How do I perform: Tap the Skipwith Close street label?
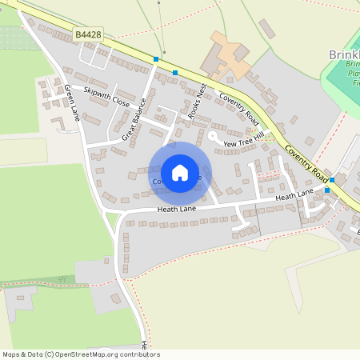click(x=106, y=97)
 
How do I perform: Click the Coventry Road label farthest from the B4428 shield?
click(x=308, y=163)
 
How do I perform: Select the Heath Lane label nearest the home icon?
click(x=177, y=209)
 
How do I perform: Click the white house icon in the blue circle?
click(x=180, y=172)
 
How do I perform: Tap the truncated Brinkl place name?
click(x=344, y=55)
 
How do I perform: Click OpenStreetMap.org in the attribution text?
click(x=88, y=354)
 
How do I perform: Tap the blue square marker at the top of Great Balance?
click(x=156, y=59)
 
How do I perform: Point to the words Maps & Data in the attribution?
click(x=19, y=354)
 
